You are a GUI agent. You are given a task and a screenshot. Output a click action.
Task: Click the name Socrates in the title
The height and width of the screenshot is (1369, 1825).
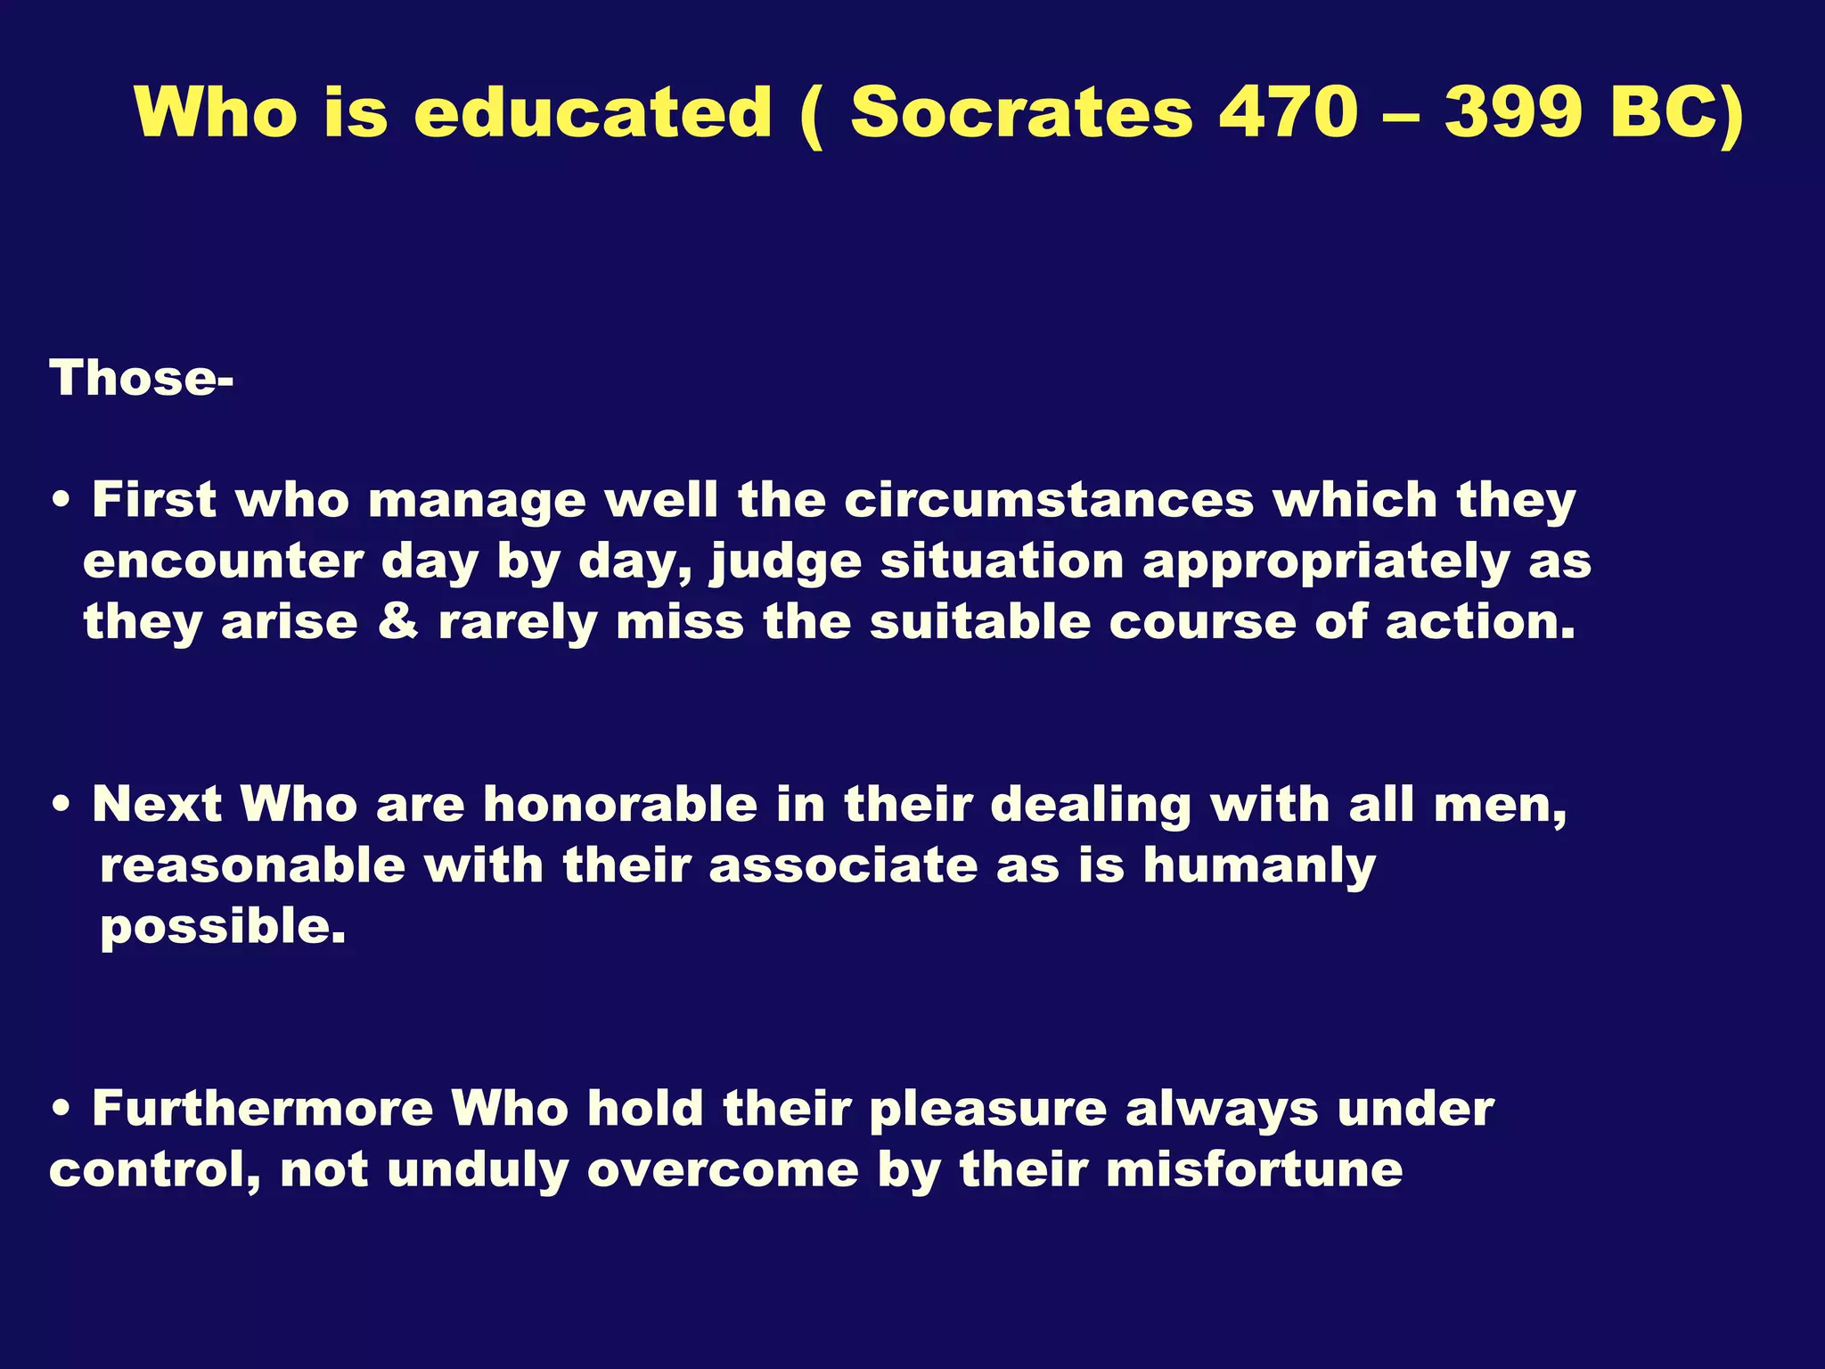[1020, 112]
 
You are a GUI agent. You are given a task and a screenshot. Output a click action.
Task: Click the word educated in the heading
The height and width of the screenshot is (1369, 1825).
[593, 112]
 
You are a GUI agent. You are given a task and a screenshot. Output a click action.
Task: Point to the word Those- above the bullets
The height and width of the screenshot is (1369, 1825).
[142, 378]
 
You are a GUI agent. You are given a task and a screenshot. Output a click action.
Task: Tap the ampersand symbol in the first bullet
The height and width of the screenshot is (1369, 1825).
[397, 621]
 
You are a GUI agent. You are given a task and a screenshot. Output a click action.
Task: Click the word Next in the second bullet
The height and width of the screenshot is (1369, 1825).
[157, 804]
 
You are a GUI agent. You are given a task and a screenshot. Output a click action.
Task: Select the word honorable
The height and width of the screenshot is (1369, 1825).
[620, 804]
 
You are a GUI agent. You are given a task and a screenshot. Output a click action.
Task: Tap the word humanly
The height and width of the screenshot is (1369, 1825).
[1259, 866]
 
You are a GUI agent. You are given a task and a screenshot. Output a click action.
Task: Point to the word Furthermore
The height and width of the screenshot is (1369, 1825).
[263, 1109]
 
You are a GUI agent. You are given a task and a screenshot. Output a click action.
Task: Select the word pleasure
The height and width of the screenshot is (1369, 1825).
[987, 1111]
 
